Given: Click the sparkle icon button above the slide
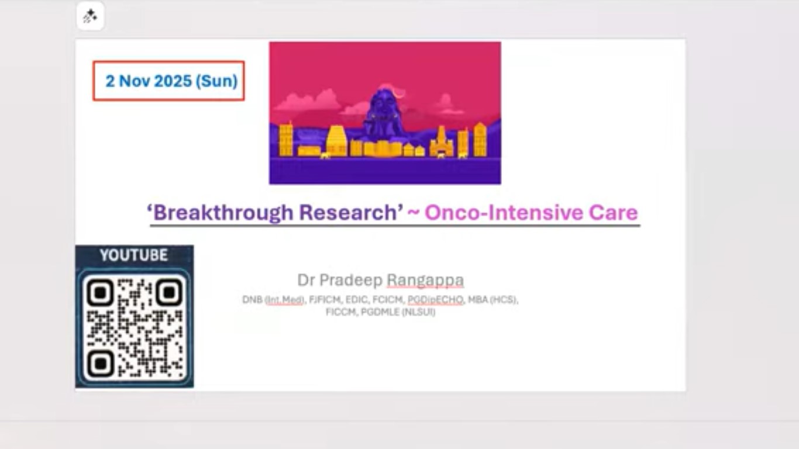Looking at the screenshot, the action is [90, 16].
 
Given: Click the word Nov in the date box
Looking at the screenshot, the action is [135, 81].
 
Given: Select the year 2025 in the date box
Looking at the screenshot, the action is [173, 81].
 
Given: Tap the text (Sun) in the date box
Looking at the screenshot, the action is [216, 81].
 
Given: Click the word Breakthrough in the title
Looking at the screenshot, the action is [223, 213].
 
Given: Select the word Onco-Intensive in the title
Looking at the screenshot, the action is [503, 213].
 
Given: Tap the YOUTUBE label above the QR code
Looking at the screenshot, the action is [134, 255].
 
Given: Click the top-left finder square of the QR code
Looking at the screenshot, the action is [100, 293].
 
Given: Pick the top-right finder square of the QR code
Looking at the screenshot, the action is [169, 293].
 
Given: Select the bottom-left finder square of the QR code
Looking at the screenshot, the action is [100, 364].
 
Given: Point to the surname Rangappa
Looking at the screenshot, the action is [425, 281].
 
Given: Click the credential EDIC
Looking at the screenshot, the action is [356, 299].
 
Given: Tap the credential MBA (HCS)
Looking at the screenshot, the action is [493, 299].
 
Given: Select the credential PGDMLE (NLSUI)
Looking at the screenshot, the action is [398, 312].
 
